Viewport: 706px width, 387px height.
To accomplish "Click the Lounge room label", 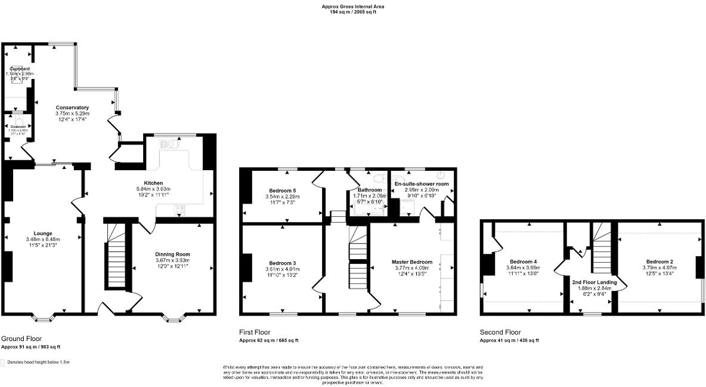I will [x=43, y=233].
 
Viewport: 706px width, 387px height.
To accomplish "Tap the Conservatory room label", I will [x=72, y=107].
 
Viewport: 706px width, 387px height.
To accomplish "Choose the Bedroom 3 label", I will [x=283, y=263].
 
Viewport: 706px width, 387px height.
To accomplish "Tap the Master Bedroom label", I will [x=412, y=262].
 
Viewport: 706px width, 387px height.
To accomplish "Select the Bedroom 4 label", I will [x=523, y=262].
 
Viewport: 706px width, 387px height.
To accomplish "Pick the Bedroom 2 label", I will [x=659, y=262].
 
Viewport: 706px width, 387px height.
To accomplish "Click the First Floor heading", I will [x=255, y=332].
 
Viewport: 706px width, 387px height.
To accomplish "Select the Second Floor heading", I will [x=500, y=332].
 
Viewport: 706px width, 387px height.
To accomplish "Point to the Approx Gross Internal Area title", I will [x=353, y=7].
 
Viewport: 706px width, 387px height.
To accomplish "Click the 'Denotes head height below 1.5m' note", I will [x=38, y=362].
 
